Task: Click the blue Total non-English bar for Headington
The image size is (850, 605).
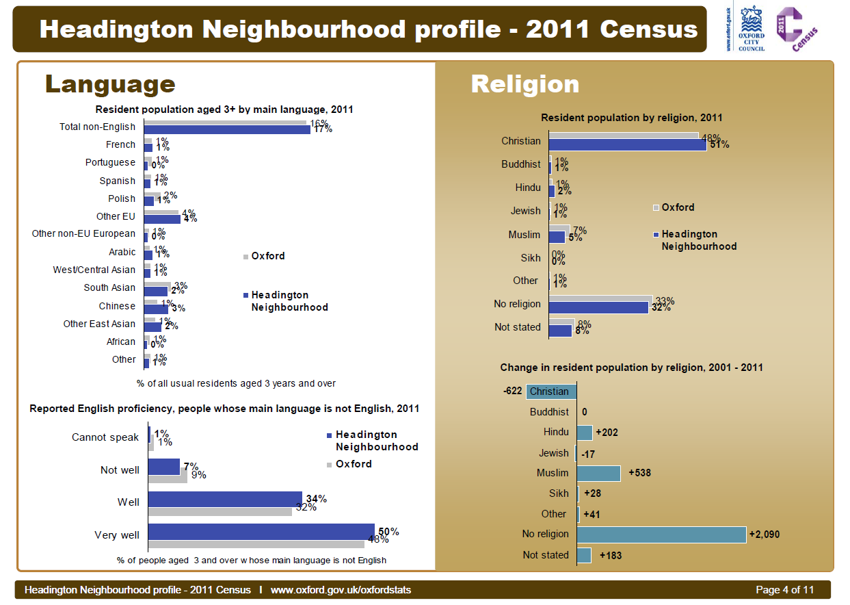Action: point(227,129)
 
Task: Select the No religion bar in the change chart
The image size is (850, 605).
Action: point(661,535)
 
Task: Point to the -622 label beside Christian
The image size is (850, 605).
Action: point(512,391)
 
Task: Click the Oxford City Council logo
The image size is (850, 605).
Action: point(751,28)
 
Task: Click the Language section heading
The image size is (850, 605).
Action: point(110,84)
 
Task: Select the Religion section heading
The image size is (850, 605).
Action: point(525,84)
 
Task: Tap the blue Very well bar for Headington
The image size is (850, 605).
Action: point(261,532)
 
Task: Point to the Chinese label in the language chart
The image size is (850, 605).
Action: point(117,306)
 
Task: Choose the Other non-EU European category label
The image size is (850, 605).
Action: point(83,234)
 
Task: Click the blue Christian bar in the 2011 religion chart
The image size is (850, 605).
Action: point(627,144)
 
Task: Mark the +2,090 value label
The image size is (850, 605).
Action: point(764,535)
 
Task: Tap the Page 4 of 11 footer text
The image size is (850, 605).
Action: point(784,590)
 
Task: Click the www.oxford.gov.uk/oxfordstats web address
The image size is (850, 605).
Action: point(341,590)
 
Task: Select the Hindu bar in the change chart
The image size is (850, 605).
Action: point(585,433)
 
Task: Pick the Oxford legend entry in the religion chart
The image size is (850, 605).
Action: point(678,207)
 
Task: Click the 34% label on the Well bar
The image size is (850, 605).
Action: point(316,498)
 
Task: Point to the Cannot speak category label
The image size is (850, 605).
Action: point(105,437)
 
